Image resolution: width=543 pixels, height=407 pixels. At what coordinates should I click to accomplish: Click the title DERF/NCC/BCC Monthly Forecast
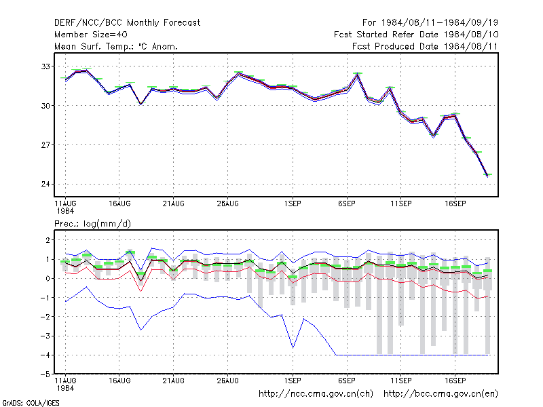pos(127,23)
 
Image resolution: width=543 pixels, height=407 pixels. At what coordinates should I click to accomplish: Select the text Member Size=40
pos(91,35)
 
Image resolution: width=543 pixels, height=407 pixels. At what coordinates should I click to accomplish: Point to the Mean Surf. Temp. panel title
pos(116,46)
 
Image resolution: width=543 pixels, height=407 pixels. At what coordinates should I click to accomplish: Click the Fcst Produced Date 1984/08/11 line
pos(425,46)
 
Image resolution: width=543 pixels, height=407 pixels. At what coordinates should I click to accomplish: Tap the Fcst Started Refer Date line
pos(416,35)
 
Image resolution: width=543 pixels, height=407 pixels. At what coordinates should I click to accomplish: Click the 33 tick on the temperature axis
pos(45,66)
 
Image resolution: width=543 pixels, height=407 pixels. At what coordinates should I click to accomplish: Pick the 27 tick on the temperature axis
pos(45,144)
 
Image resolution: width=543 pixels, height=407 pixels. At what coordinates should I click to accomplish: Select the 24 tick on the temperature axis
pos(45,184)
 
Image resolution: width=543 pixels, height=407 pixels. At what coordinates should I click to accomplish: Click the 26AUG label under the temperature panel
pos(228,204)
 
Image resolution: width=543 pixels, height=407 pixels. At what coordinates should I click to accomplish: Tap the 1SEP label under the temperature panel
pos(293,204)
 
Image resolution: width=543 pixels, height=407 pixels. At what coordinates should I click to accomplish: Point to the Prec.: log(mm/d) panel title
pos(92,224)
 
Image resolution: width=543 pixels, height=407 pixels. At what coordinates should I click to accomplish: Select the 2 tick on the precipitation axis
pos(48,240)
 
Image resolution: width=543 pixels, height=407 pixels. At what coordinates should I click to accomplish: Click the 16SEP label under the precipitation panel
pos(455,381)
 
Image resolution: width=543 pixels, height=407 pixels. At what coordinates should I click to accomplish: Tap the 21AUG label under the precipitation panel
pos(174,381)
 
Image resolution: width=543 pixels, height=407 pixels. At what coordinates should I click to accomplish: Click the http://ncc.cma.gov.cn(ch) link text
pos(316,394)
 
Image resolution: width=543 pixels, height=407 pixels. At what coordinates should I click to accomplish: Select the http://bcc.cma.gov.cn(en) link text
pos(441,394)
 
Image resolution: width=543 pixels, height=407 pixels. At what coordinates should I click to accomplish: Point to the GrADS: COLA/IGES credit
pos(31,403)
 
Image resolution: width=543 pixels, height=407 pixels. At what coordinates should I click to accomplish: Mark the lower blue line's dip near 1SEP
pos(293,347)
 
